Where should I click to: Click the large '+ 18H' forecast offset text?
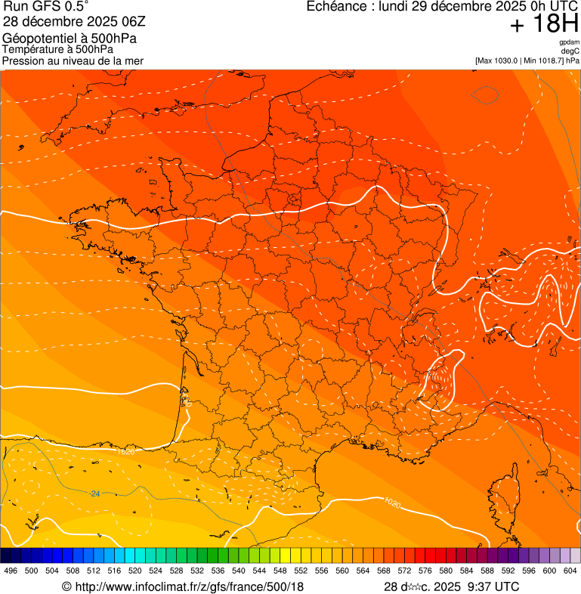pyautogui.click(x=544, y=24)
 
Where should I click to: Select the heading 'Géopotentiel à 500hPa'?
pyautogui.click(x=75, y=39)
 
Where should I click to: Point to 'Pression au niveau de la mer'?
pyautogui.click(x=73, y=60)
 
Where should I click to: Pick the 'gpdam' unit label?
pyautogui.click(x=569, y=42)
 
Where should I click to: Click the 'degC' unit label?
pyautogui.click(x=570, y=51)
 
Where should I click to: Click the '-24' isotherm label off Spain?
pyautogui.click(x=94, y=493)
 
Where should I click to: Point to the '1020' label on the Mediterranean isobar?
pyautogui.click(x=392, y=502)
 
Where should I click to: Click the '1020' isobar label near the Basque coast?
pyautogui.click(x=126, y=451)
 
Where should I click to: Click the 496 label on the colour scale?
pyautogui.click(x=11, y=571)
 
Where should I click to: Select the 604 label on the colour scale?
pyautogui.click(x=570, y=571)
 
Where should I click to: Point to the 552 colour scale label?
pyautogui.click(x=301, y=571)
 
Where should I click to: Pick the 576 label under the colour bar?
pyautogui.click(x=425, y=571)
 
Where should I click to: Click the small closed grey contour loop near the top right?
pyautogui.click(x=484, y=94)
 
